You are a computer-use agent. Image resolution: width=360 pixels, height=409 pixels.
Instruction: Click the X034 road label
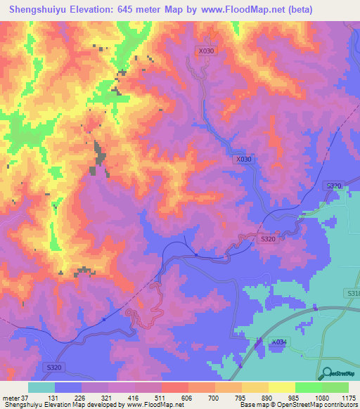click(280, 342)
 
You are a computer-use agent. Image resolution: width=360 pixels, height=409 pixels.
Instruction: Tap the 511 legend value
click(161, 397)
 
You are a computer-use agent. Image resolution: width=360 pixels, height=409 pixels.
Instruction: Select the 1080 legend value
click(321, 397)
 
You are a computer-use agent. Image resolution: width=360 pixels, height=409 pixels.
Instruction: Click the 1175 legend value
click(347, 397)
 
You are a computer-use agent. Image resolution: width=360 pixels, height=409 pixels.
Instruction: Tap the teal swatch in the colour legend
click(41, 387)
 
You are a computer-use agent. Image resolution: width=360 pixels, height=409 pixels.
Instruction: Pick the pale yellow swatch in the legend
click(282, 387)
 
